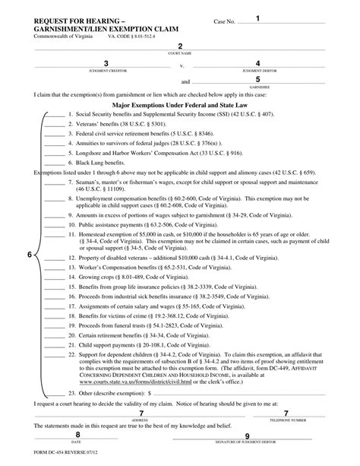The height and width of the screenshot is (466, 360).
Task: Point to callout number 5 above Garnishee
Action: click(258, 79)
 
